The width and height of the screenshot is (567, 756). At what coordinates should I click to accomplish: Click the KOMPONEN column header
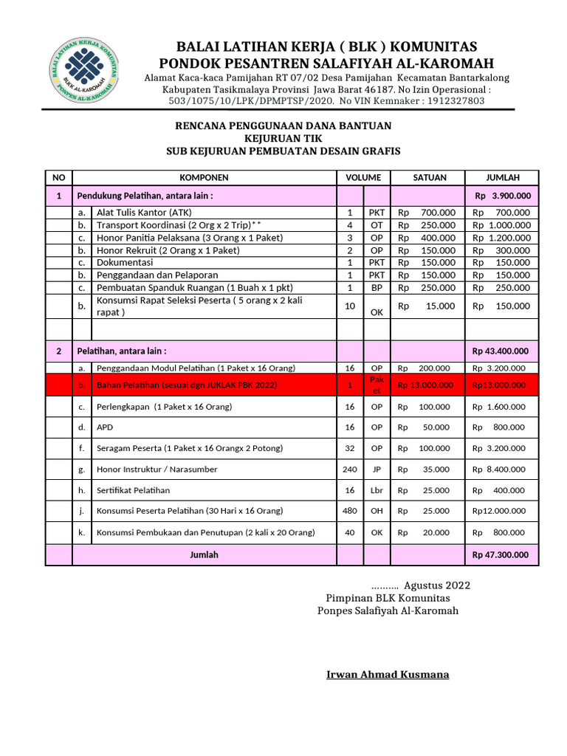coord(205,177)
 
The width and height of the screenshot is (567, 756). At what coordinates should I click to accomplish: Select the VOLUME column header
coord(363,177)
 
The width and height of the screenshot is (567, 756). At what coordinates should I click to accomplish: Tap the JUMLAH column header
coord(502,177)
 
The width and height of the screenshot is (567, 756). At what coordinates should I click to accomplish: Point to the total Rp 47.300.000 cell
coord(502,554)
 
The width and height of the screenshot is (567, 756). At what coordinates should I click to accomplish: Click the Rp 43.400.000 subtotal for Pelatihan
coord(502,351)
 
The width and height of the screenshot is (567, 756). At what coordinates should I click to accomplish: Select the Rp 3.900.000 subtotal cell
coord(502,196)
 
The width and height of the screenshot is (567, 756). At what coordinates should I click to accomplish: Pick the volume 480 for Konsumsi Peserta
coord(349,510)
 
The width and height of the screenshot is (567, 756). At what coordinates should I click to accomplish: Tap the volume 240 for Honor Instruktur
coord(349,469)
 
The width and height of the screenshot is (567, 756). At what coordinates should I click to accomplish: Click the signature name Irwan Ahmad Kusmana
coord(388,674)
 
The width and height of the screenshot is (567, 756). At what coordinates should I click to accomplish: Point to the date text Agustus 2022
coord(436,585)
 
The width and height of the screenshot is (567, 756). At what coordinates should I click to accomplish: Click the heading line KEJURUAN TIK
coord(283,139)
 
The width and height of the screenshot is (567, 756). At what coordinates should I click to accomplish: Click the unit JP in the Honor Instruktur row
coord(377,469)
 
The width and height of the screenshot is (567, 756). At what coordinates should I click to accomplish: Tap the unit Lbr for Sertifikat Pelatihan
coord(377,490)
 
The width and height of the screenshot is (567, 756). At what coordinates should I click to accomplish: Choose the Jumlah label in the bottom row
coord(204,554)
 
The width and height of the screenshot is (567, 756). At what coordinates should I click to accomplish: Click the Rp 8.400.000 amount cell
coord(502,469)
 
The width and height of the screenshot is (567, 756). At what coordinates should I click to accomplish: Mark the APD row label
coord(105,427)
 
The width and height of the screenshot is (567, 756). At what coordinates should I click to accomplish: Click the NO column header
coord(59,177)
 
